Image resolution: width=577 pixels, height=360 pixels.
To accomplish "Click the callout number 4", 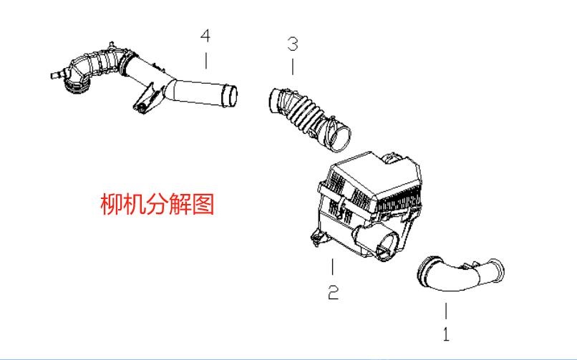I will point(206,35).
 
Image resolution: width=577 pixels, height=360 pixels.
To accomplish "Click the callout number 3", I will point(292,44).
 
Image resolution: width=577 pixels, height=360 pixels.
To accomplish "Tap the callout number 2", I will point(333,293).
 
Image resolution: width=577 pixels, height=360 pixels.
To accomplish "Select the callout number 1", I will point(445,334).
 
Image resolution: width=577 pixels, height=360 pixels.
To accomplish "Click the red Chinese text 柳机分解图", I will point(157,205).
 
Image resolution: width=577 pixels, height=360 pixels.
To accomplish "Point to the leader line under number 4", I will point(206,60).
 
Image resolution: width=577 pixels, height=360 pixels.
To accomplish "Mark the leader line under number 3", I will point(292,67).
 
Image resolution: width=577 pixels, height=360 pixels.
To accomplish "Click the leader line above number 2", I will point(332,268).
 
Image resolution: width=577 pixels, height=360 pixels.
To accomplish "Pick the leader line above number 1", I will point(445,310).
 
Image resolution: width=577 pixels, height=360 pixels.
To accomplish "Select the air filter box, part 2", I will point(369,204).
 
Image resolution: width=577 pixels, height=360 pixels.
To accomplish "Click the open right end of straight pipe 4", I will point(230,94).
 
